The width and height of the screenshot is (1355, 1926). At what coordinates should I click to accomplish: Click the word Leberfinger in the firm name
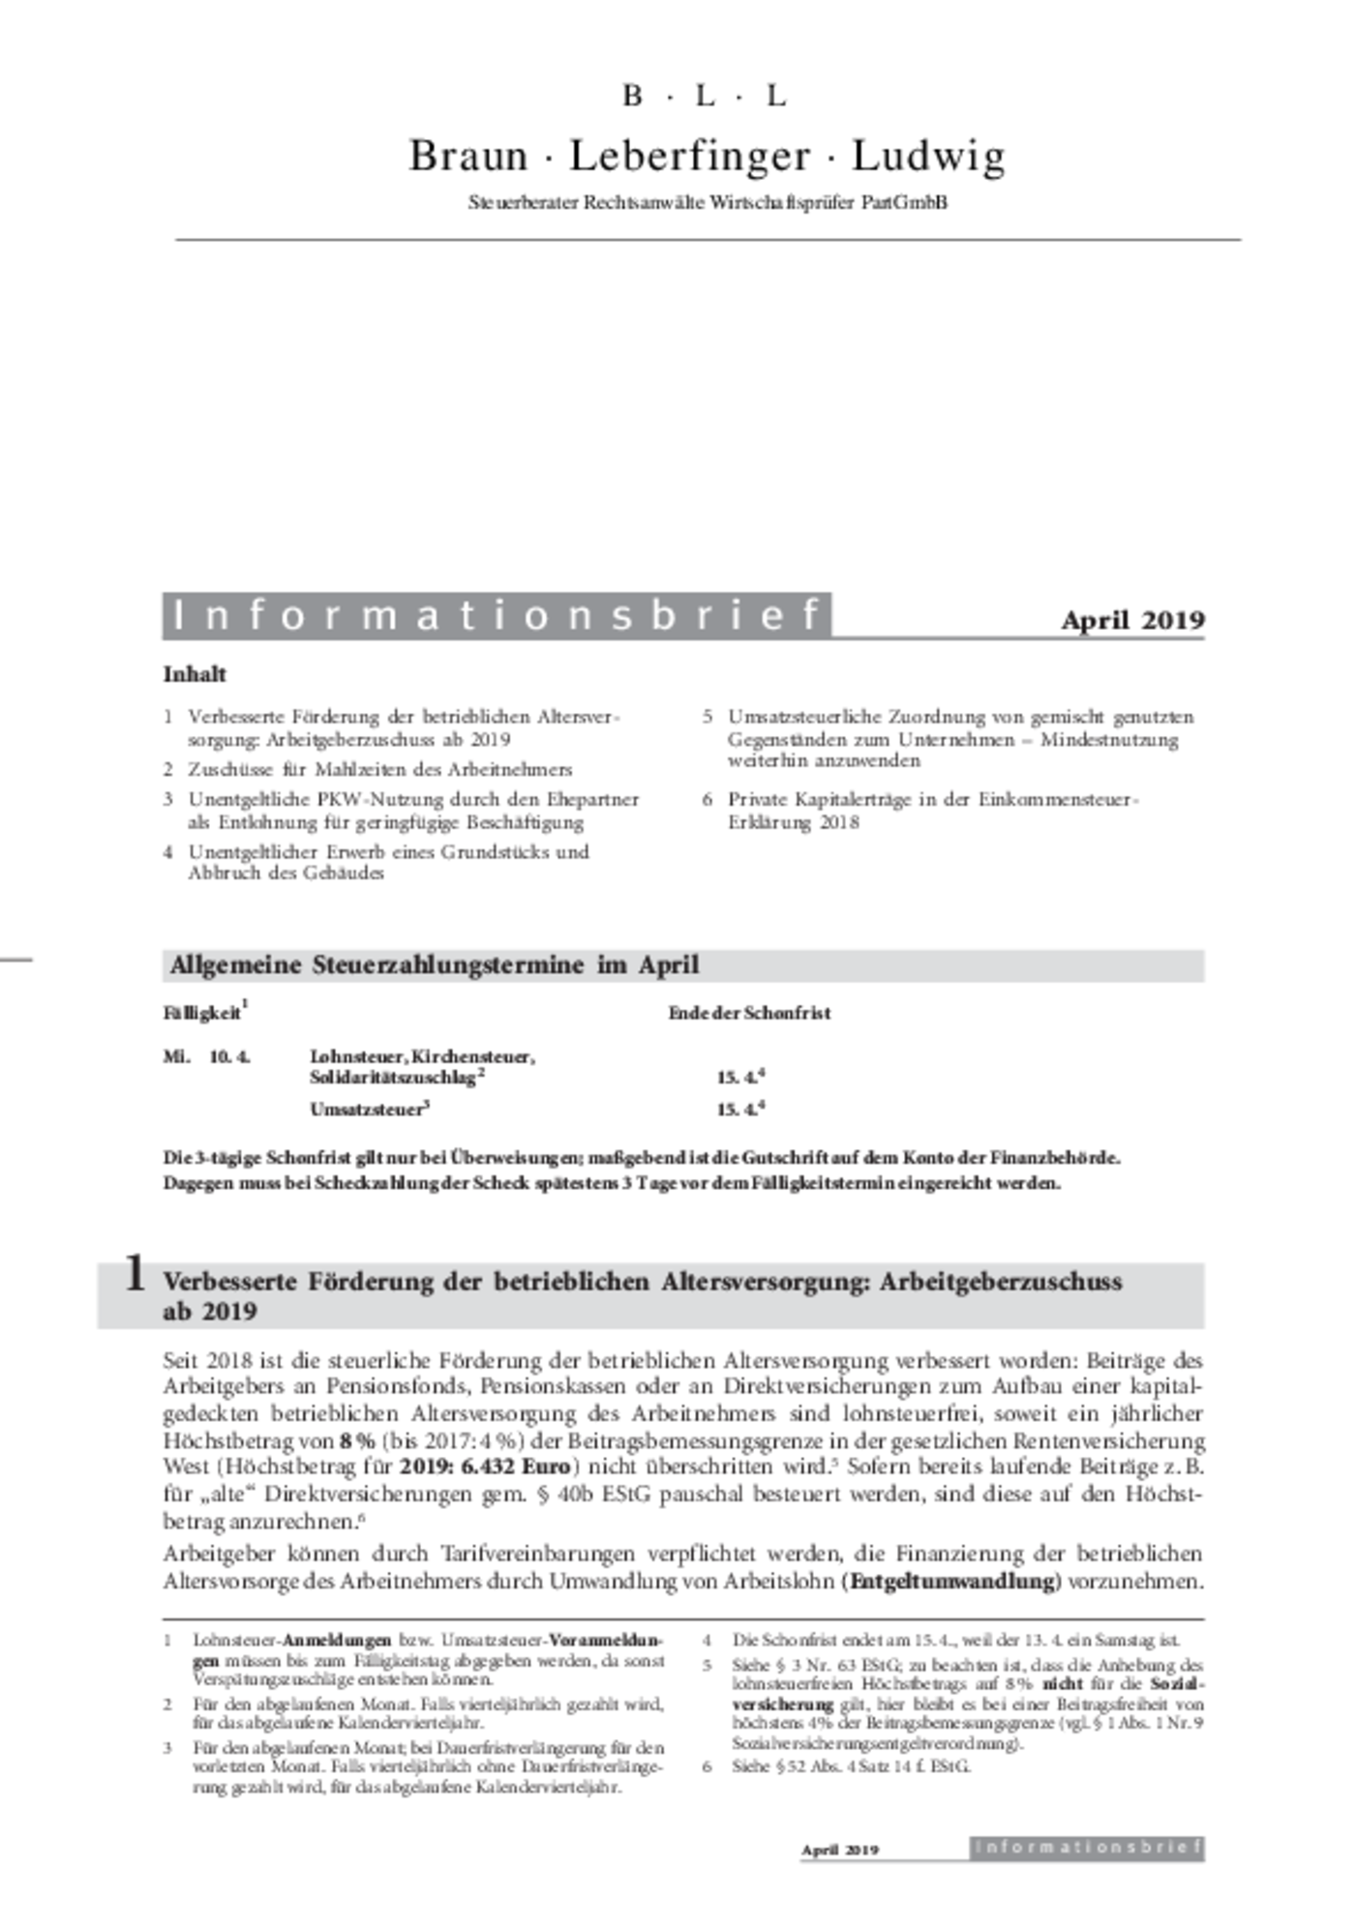(x=689, y=156)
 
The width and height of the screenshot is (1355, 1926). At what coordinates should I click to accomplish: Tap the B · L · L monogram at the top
(x=704, y=96)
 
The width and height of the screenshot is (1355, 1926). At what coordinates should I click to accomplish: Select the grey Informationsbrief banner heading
(x=497, y=615)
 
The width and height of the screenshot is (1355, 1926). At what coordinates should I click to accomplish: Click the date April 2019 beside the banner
(x=1132, y=620)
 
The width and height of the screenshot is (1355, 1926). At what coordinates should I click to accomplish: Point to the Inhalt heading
(x=195, y=674)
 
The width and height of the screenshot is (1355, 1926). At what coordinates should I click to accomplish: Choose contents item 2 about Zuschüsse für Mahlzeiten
(x=379, y=769)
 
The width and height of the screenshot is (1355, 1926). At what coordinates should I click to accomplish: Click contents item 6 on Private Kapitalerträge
(x=932, y=811)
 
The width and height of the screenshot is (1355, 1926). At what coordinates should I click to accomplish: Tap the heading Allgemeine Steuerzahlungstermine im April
(x=434, y=965)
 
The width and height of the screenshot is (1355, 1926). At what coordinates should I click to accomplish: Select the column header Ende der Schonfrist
(x=749, y=1013)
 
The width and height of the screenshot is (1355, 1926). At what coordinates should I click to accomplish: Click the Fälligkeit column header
(x=202, y=1013)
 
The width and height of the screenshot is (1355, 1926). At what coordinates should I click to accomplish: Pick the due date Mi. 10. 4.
(x=206, y=1056)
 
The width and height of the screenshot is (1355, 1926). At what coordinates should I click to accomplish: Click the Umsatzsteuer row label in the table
(x=367, y=1110)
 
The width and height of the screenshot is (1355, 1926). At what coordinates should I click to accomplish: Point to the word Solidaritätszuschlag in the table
(x=393, y=1078)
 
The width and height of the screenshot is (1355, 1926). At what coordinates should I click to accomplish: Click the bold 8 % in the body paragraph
(x=356, y=1439)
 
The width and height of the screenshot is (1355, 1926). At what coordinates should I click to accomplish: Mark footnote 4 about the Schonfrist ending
(x=954, y=1640)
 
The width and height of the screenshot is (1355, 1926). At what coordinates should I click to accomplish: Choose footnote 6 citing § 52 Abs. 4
(x=850, y=1765)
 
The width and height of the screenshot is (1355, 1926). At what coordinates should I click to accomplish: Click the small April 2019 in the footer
(x=840, y=1850)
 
